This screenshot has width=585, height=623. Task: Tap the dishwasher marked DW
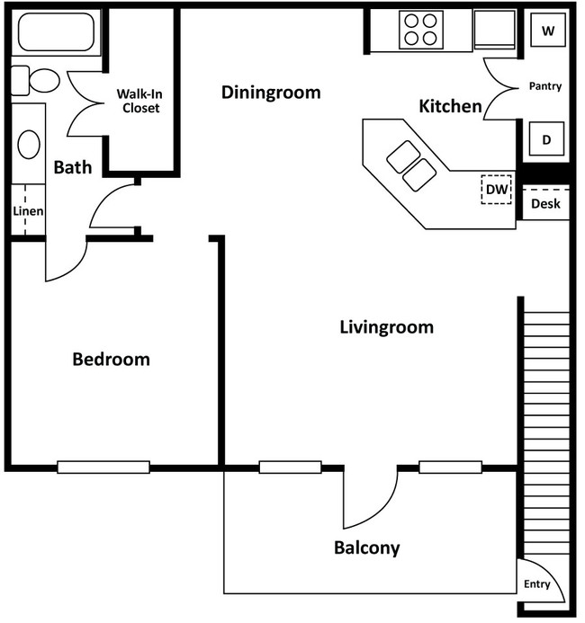pyautogui.click(x=496, y=189)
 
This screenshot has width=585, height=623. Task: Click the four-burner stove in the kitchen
pyautogui.click(x=420, y=30)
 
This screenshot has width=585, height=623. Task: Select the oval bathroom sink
pyautogui.click(x=29, y=144)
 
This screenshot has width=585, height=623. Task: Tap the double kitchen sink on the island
pyautogui.click(x=410, y=166)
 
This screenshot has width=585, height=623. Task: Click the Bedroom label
pyautogui.click(x=111, y=360)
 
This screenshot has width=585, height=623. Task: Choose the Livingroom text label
pyautogui.click(x=386, y=327)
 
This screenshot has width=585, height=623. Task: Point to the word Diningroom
pyautogui.click(x=271, y=93)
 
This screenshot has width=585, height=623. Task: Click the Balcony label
pyautogui.click(x=366, y=547)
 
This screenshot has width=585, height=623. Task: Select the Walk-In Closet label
pyautogui.click(x=140, y=101)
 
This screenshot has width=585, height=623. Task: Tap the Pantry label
pyautogui.click(x=544, y=87)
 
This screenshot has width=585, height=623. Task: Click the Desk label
pyautogui.click(x=545, y=204)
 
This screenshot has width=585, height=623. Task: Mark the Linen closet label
pyautogui.click(x=28, y=211)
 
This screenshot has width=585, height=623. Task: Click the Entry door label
pyautogui.click(x=536, y=584)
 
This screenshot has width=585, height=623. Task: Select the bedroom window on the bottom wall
pyautogui.click(x=103, y=467)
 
